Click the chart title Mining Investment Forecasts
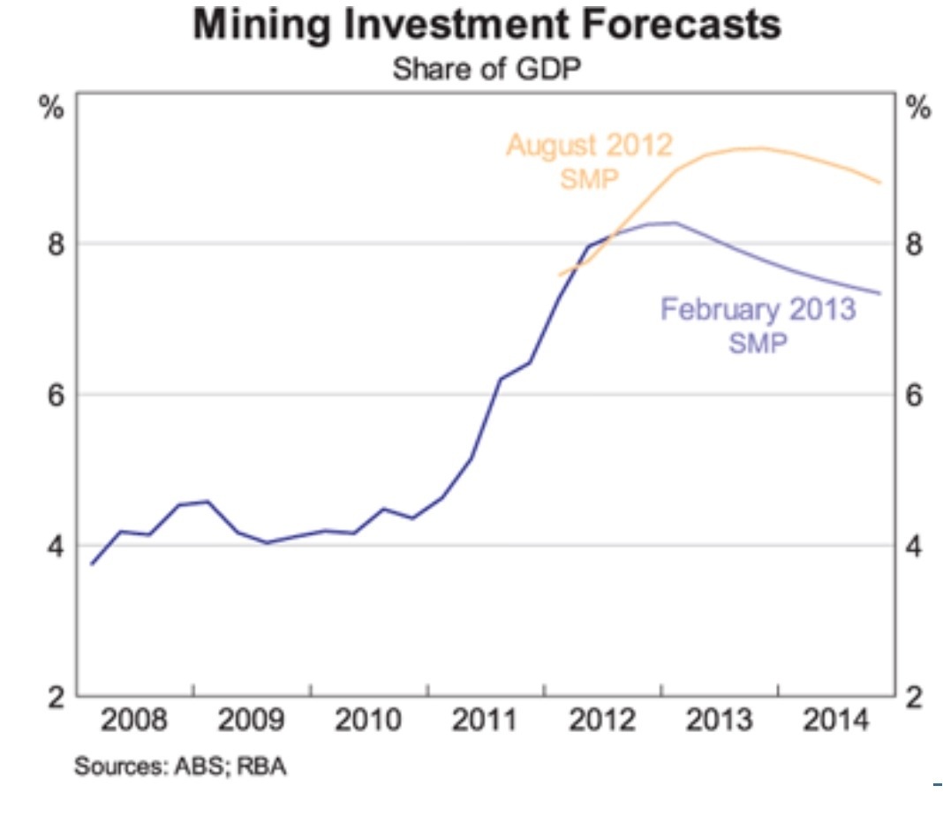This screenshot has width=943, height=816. pyautogui.click(x=487, y=26)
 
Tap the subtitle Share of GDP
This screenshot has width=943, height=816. pyautogui.click(x=487, y=69)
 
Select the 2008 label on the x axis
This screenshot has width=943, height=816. pyautogui.click(x=134, y=722)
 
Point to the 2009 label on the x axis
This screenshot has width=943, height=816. pyautogui.click(x=252, y=722)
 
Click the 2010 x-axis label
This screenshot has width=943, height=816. pyautogui.click(x=368, y=722)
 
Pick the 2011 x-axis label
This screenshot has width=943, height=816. pyautogui.click(x=486, y=722)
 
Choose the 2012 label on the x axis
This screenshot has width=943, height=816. pyautogui.click(x=602, y=722)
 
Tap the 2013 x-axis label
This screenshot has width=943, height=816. pyautogui.click(x=719, y=722)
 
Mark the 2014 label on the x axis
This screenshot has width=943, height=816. pyautogui.click(x=835, y=722)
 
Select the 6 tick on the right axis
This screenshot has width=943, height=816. pyautogui.click(x=915, y=395)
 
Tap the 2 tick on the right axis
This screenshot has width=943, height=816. pyautogui.click(x=915, y=698)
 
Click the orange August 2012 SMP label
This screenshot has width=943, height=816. pyautogui.click(x=589, y=160)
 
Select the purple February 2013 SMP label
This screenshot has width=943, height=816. pyautogui.click(x=758, y=325)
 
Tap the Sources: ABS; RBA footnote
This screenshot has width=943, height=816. pyautogui.click(x=180, y=765)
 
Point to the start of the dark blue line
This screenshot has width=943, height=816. pyautogui.click(x=92, y=563)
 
